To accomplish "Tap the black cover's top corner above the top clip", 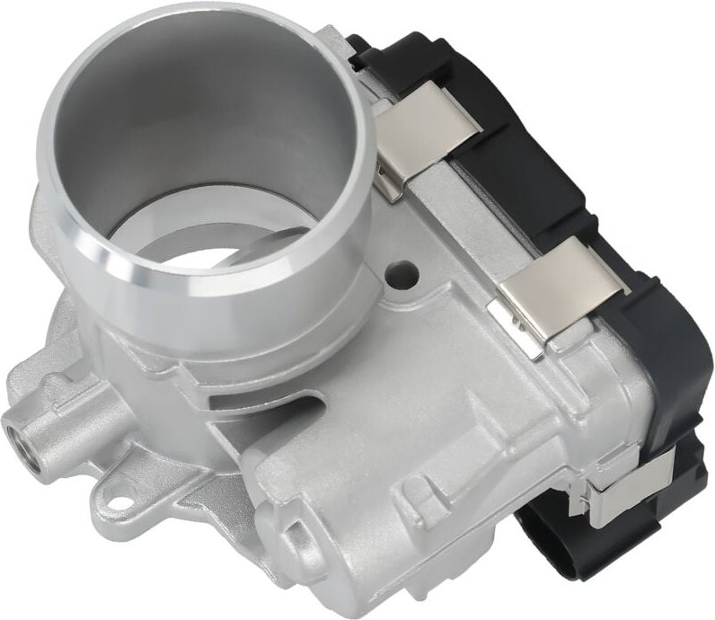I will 377,49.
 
